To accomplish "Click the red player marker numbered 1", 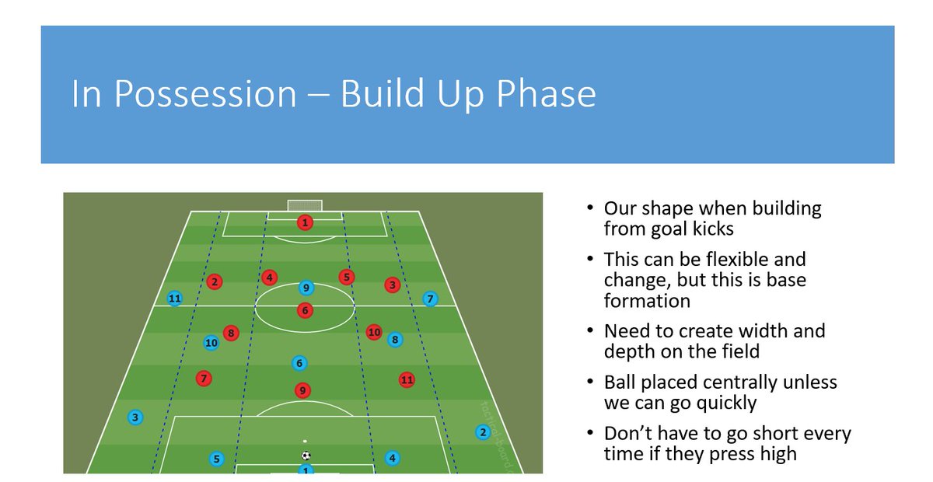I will point(306,223).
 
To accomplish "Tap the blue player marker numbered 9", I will point(306,288).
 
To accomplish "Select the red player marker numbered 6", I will point(305,310).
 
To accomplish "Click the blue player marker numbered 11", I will point(174,299).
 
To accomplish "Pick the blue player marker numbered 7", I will point(430,299).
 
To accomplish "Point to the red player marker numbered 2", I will point(215,282).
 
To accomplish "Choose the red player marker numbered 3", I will point(393,285).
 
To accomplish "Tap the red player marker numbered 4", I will point(269,277).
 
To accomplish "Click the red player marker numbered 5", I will point(346,277).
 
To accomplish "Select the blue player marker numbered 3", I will point(135,417).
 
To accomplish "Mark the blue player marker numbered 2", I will point(482,432).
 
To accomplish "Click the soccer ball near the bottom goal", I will point(306,456).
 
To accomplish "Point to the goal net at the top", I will point(304,205).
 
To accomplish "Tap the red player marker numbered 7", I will point(204,379).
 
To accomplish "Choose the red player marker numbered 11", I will point(406,380).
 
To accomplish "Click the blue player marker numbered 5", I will point(216,459).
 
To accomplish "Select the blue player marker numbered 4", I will point(392,458).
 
